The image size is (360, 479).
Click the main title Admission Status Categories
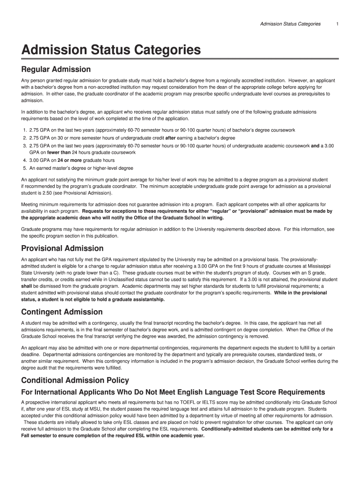(x=111, y=50)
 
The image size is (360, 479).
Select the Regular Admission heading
(x=56, y=70)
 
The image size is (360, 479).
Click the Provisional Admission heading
(x=62, y=248)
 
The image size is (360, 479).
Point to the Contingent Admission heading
(x=62, y=312)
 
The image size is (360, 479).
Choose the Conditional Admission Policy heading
(x=75, y=380)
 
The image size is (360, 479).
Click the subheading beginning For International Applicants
(x=173, y=392)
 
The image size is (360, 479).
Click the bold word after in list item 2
(x=171, y=138)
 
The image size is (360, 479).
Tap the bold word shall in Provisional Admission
(x=27, y=286)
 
